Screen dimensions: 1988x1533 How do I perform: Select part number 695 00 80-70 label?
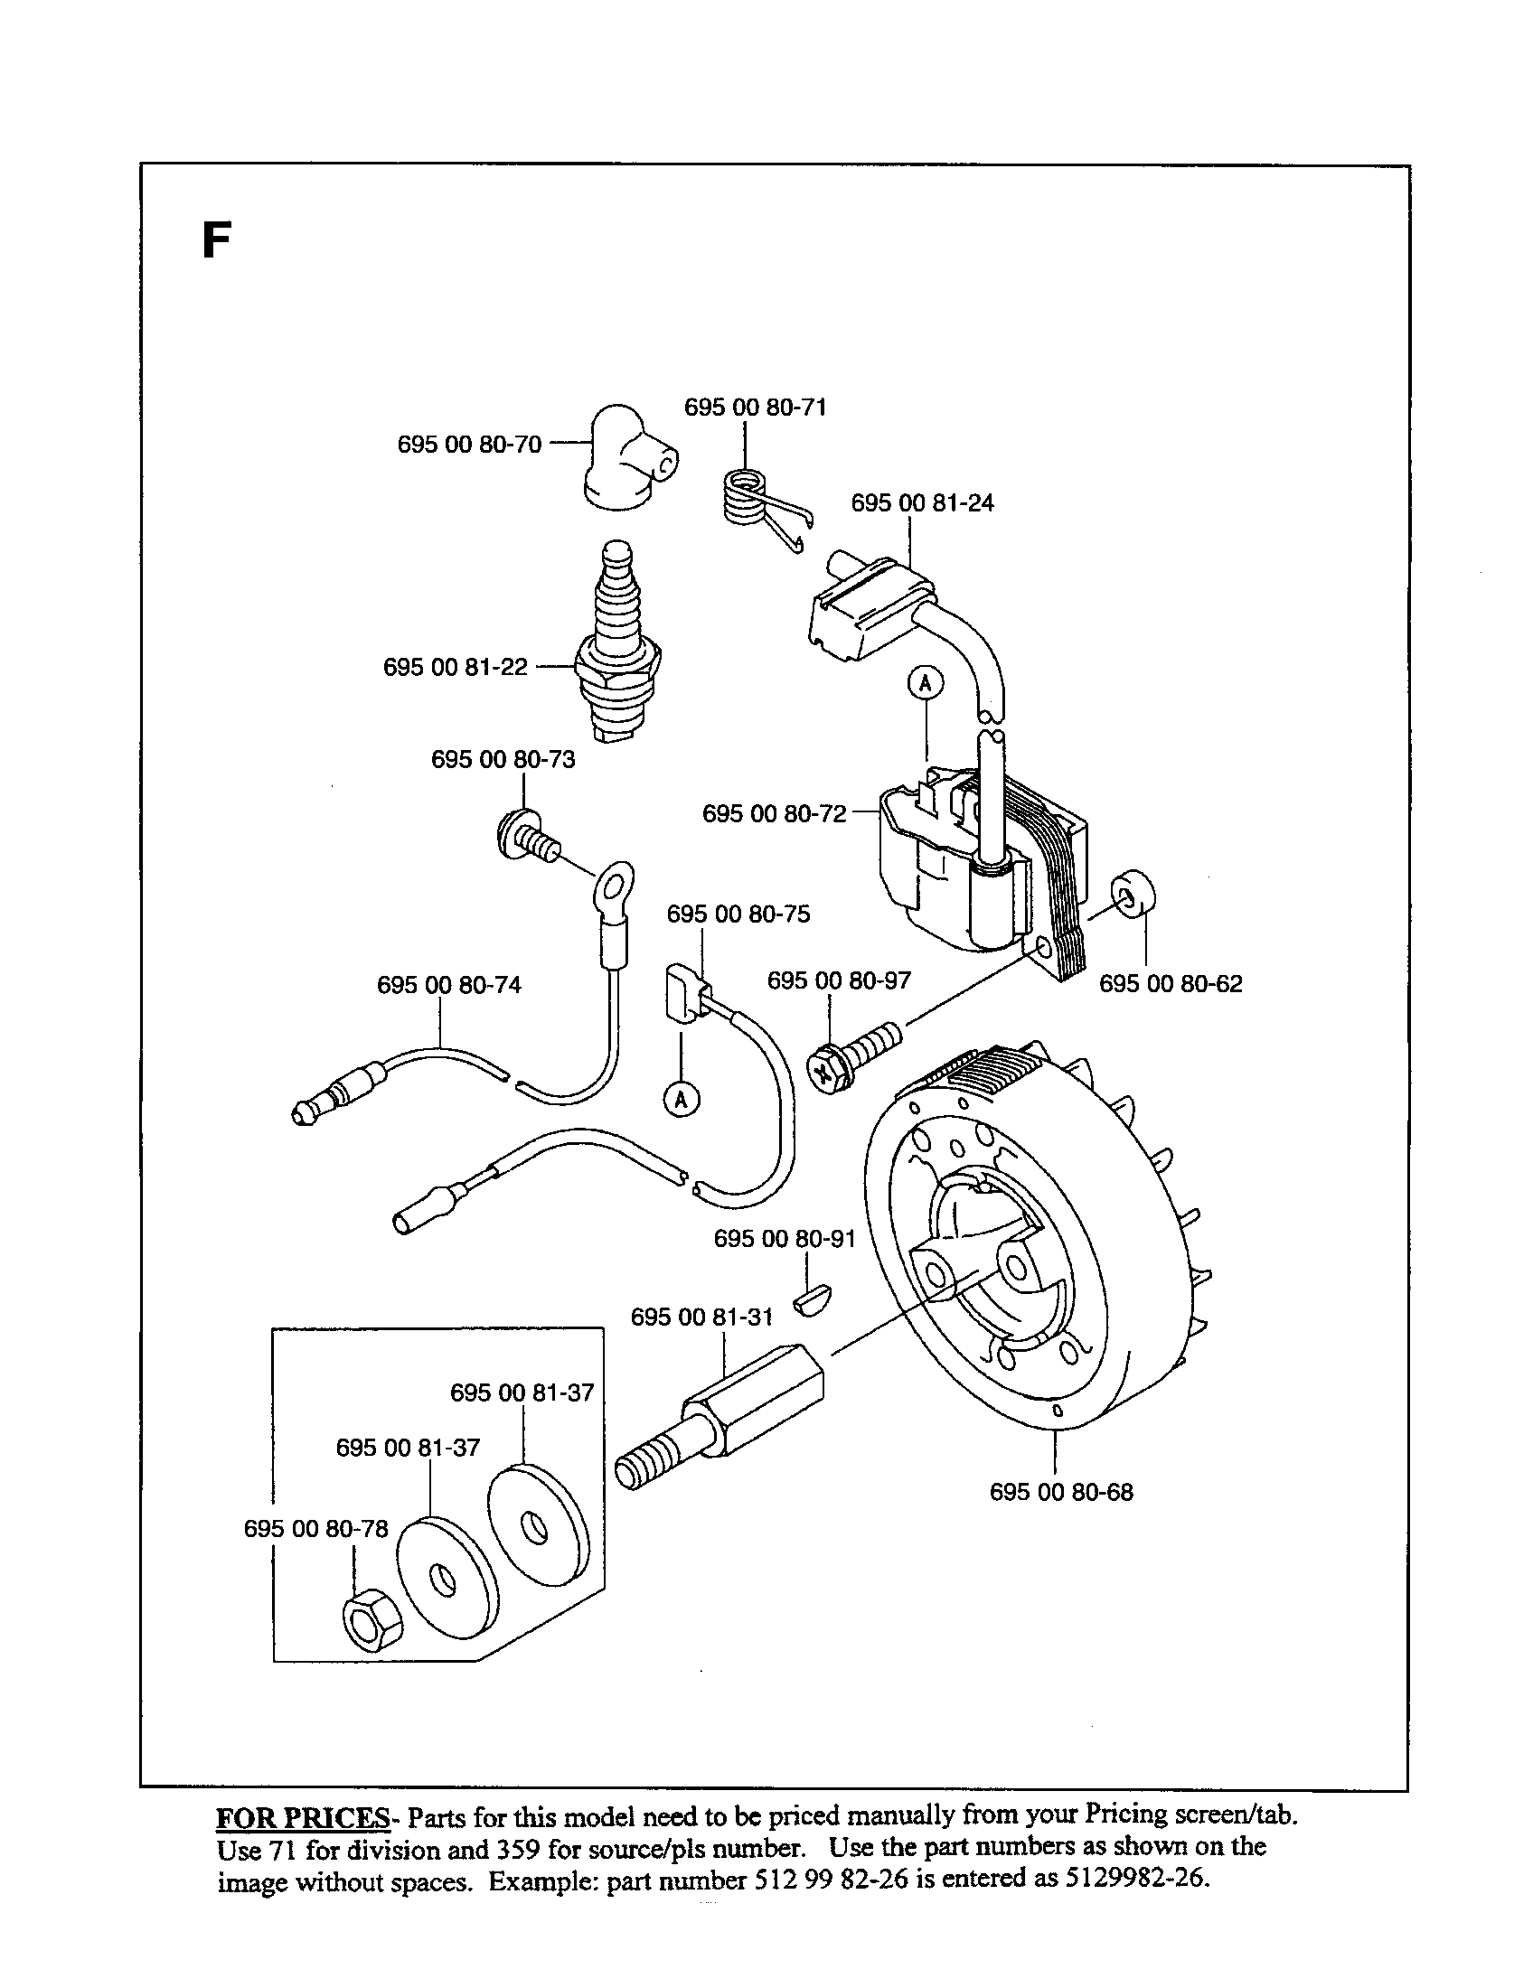pos(470,445)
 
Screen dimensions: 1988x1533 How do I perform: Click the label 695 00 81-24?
pos(922,502)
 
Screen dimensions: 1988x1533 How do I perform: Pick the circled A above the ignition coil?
pos(925,682)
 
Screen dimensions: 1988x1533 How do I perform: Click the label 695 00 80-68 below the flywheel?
pos(1061,1492)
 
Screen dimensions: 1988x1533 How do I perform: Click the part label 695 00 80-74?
pos(449,985)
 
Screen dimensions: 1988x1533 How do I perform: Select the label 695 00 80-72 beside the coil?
pos(774,813)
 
